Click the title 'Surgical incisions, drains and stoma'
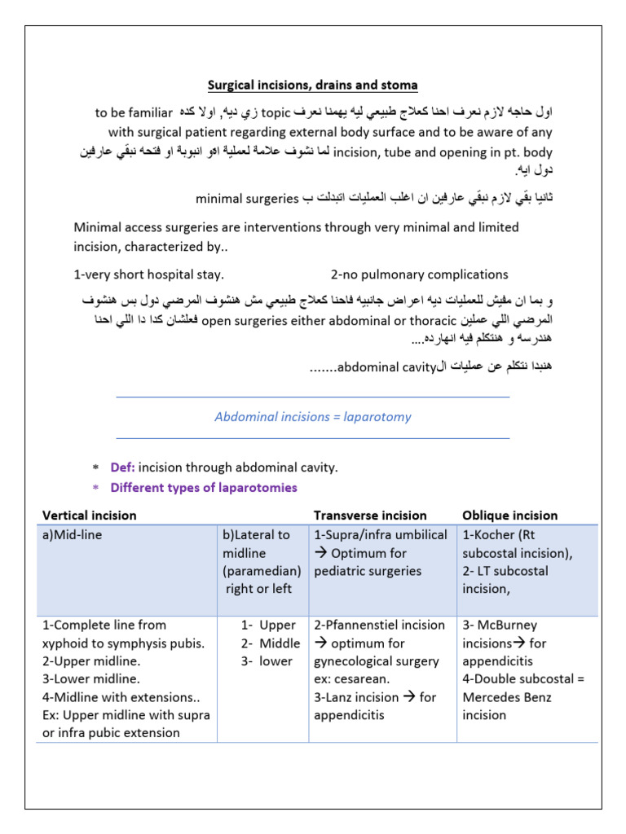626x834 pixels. point(312,85)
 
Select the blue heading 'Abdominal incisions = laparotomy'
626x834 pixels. point(312,417)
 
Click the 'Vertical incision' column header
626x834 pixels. point(90,516)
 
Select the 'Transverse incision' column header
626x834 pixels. point(370,516)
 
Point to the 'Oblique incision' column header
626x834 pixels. point(509,516)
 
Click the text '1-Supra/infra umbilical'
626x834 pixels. point(381,535)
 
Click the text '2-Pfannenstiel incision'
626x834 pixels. point(379,625)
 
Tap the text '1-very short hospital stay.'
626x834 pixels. point(148,274)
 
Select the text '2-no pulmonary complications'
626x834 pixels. point(419,274)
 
